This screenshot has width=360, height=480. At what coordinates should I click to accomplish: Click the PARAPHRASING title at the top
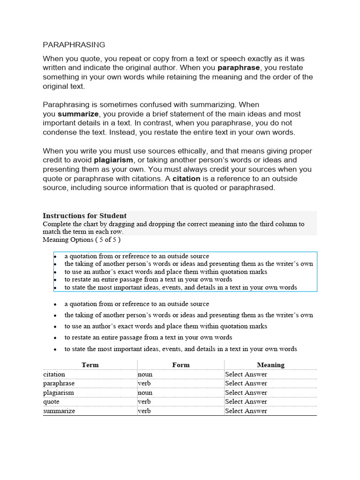pos(74,45)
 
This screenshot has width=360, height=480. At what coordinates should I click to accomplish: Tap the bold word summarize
pos(78,114)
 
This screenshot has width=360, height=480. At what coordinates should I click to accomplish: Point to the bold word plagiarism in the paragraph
pos(114,160)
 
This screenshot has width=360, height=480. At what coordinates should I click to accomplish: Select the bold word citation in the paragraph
pos(186,179)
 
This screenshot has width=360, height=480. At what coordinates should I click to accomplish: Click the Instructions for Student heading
pos(85,216)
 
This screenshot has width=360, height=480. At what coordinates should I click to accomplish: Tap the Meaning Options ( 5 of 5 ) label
pos(82,240)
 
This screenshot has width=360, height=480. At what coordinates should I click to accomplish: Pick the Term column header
pos(90,365)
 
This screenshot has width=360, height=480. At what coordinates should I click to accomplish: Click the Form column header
pos(181,365)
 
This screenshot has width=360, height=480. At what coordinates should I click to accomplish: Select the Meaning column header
pos(270,365)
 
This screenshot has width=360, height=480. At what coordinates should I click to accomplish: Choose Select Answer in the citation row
pos(246,374)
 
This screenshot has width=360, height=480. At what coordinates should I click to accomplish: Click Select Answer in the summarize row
pos(246,411)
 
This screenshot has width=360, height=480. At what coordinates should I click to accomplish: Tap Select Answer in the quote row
pos(246,402)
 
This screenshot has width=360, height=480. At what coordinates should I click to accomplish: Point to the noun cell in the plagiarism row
pos(145,392)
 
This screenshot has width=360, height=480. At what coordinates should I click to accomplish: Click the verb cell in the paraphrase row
pos(144,383)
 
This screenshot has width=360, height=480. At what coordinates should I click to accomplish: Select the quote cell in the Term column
pos(50,402)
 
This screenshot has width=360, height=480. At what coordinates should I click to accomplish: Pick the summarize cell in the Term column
pos(59,411)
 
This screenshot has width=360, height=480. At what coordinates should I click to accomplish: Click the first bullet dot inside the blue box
pos(55,256)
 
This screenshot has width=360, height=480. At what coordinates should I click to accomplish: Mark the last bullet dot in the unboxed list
pos(55,349)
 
